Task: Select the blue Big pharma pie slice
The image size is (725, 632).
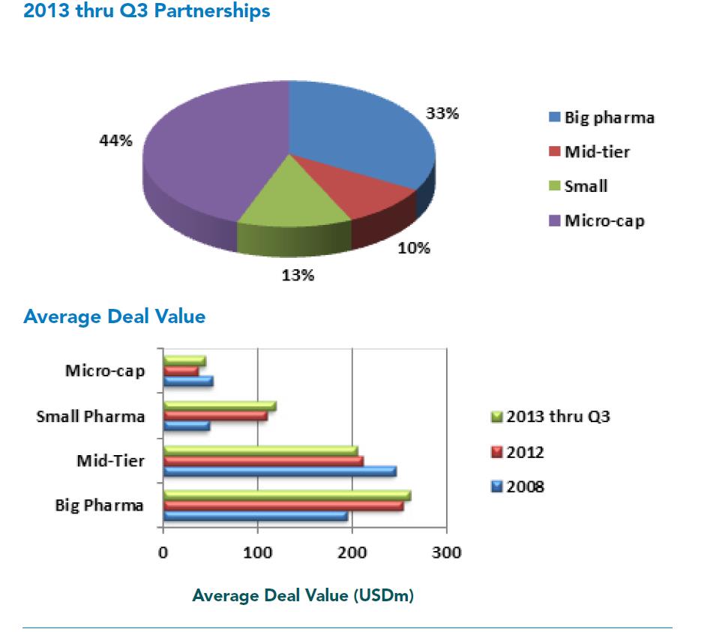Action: click(x=360, y=135)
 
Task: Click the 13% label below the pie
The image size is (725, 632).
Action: click(x=298, y=275)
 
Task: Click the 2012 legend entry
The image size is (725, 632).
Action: click(x=517, y=452)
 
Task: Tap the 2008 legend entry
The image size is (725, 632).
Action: click(x=517, y=487)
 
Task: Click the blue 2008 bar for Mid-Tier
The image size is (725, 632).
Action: click(x=279, y=471)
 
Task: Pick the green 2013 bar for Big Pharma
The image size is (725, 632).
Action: click(x=286, y=495)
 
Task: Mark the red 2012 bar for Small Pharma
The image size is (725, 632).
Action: click(x=215, y=415)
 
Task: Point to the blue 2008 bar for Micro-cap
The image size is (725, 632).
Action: click(x=187, y=381)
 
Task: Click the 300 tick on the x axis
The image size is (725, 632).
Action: click(x=447, y=554)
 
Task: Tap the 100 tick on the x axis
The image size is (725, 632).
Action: click(x=258, y=554)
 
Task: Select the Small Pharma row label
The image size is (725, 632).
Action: click(x=91, y=416)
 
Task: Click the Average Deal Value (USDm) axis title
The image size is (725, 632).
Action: click(x=303, y=596)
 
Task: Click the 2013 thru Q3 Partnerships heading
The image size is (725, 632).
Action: click(x=147, y=12)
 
